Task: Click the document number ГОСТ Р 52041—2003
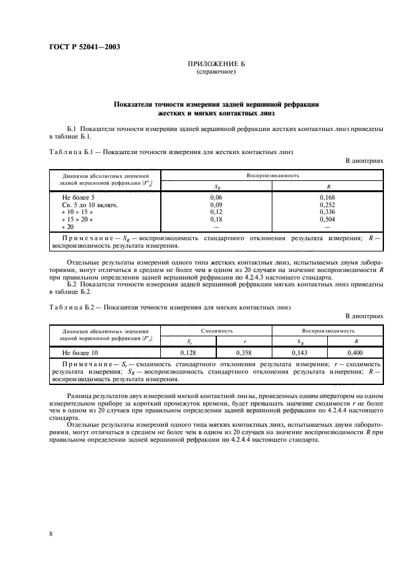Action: coord(85,46)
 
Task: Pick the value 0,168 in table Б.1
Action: coord(327,197)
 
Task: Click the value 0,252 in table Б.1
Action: coord(327,204)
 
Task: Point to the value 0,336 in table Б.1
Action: coord(327,212)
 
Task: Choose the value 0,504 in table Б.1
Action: coord(327,219)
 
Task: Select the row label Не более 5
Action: coord(79,197)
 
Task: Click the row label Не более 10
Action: coord(80,353)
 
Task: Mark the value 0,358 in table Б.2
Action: coord(244,353)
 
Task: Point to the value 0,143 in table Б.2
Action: coord(300,353)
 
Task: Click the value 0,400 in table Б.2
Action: coord(356,353)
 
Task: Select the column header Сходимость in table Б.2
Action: coord(216,330)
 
